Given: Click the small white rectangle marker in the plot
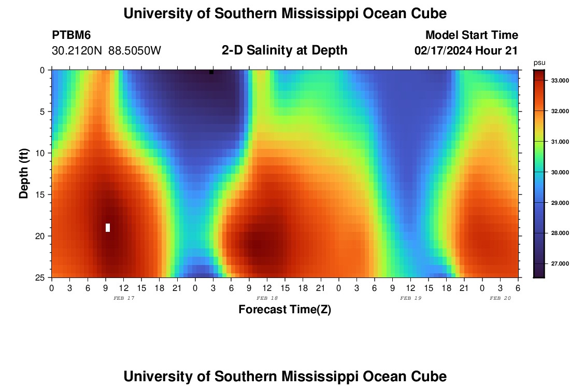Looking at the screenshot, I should point(108,227).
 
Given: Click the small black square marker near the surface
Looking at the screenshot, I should point(211,72).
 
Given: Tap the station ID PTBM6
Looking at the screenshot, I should point(72,35).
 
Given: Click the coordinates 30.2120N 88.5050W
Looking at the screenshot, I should point(106,51).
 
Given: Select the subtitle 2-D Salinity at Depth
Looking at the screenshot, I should point(284,50).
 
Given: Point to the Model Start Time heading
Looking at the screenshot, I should point(472,35).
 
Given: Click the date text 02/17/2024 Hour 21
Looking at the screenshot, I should point(466,51).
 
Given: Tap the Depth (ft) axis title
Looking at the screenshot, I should point(24,174).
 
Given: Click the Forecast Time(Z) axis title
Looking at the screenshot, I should point(284,310).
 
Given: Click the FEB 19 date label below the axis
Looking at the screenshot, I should point(411,298).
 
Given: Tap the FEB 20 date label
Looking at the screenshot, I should point(501,298).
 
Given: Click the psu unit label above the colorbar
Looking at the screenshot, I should point(539,63).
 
